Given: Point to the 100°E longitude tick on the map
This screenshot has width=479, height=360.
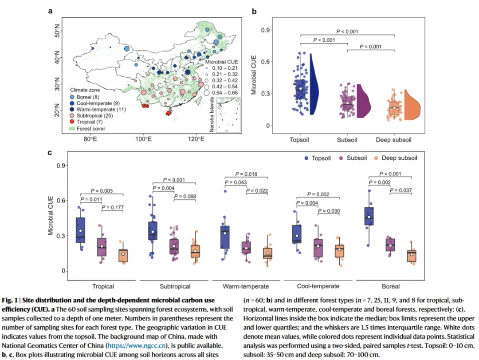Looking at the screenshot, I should [x=143, y=139].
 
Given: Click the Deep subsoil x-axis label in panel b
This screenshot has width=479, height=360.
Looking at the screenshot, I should [x=394, y=140].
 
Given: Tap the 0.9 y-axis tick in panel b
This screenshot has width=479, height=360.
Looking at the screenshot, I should [x=266, y=30].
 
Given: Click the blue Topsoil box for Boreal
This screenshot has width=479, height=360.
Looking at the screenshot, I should [x=369, y=216].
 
